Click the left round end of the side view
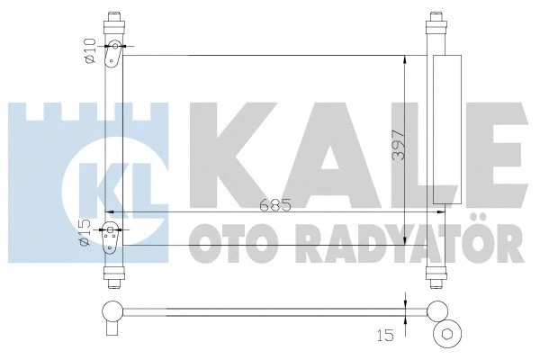click(x=112, y=312)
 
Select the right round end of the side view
click(x=438, y=312)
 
